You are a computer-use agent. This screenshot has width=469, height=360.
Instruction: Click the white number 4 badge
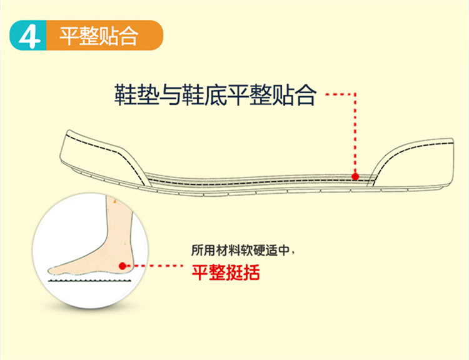pyautogui.click(x=29, y=35)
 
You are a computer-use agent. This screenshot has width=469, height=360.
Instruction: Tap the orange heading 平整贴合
pyautogui.click(x=99, y=36)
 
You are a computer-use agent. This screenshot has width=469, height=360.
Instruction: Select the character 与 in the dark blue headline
pyautogui.click(x=171, y=95)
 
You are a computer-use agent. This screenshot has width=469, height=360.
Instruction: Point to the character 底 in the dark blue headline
pyautogui.click(x=216, y=95)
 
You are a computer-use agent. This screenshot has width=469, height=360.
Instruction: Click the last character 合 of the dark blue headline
pyautogui.click(x=305, y=95)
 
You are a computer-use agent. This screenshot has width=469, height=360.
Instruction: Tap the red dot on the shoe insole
pyautogui.click(x=355, y=176)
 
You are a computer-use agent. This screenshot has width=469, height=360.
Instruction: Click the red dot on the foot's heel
pyautogui.click(x=122, y=266)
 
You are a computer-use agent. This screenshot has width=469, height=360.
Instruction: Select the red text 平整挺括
pyautogui.click(x=226, y=272)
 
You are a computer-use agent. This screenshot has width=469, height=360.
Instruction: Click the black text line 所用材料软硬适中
pyautogui.click(x=241, y=250)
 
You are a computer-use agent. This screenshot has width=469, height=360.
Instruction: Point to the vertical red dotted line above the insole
pyautogui.click(x=355, y=133)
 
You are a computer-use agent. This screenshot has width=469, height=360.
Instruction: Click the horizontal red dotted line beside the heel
pyautogui.click(x=154, y=266)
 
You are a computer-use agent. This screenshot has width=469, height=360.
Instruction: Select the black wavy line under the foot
pyautogui.click(x=89, y=281)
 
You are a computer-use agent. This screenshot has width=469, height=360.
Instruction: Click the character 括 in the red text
pyautogui.click(x=251, y=272)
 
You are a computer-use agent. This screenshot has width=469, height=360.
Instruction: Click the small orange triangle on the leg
pyautogui.click(x=114, y=201)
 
